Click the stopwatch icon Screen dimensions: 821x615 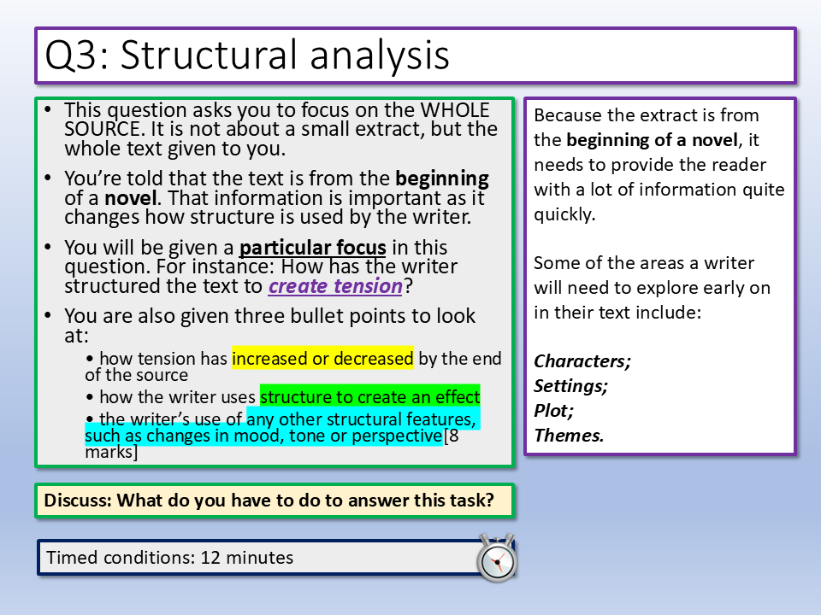pyautogui.click(x=497, y=558)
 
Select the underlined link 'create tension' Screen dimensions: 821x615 pyautogui.click(x=335, y=286)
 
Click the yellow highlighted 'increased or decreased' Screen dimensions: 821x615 pyautogui.click(x=322, y=358)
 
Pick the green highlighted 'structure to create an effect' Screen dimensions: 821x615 pyautogui.click(x=369, y=397)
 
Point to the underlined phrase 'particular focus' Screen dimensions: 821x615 pyautogui.click(x=313, y=248)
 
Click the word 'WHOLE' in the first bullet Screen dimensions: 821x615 pyautogui.click(x=455, y=110)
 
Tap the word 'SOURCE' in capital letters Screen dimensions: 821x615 pyautogui.click(x=102, y=129)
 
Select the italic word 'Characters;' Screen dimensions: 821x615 pyautogui.click(x=582, y=361)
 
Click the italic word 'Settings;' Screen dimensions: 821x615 pyautogui.click(x=570, y=386)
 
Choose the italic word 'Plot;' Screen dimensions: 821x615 pyautogui.click(x=553, y=411)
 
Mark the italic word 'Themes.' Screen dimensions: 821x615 pyautogui.click(x=569, y=435)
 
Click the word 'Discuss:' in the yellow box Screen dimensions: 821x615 pyautogui.click(x=78, y=500)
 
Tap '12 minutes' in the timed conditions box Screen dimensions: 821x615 pyautogui.click(x=246, y=558)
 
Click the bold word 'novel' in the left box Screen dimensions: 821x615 pyautogui.click(x=130, y=198)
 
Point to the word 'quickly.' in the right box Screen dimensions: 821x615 pyautogui.click(x=564, y=214)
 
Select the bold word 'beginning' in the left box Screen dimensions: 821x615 pyautogui.click(x=442, y=179)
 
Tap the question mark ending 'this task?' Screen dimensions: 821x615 pyautogui.click(x=489, y=500)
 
